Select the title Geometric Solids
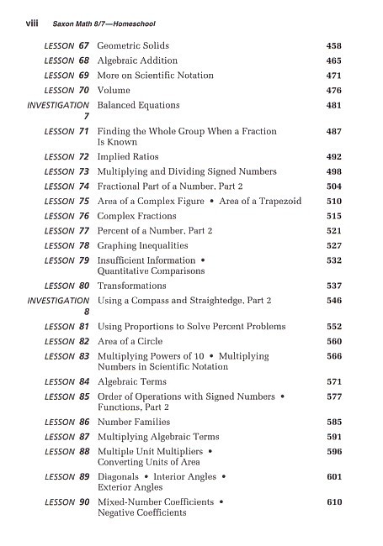coord(133,45)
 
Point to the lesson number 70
coord(83,91)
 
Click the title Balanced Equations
coord(138,106)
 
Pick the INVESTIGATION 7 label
coord(59,112)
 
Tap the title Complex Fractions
coord(135,216)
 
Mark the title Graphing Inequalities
coord(141,245)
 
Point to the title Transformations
coord(132,286)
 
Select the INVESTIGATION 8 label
coord(59,306)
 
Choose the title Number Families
coord(134,422)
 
